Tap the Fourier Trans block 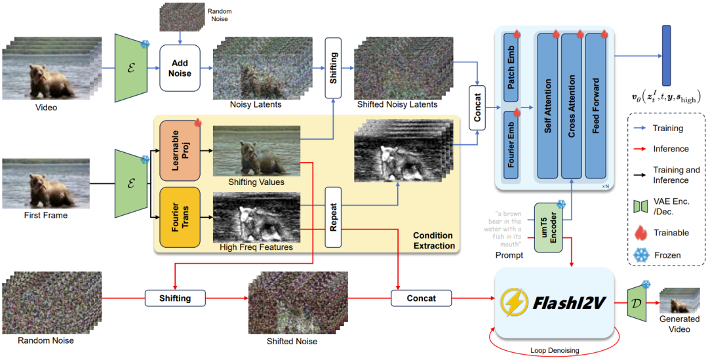point(179,217)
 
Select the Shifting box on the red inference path point(175,298)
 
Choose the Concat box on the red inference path point(421,298)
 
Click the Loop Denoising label point(554,351)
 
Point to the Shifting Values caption point(256,182)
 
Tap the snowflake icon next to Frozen point(640,255)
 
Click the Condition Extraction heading point(433,241)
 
